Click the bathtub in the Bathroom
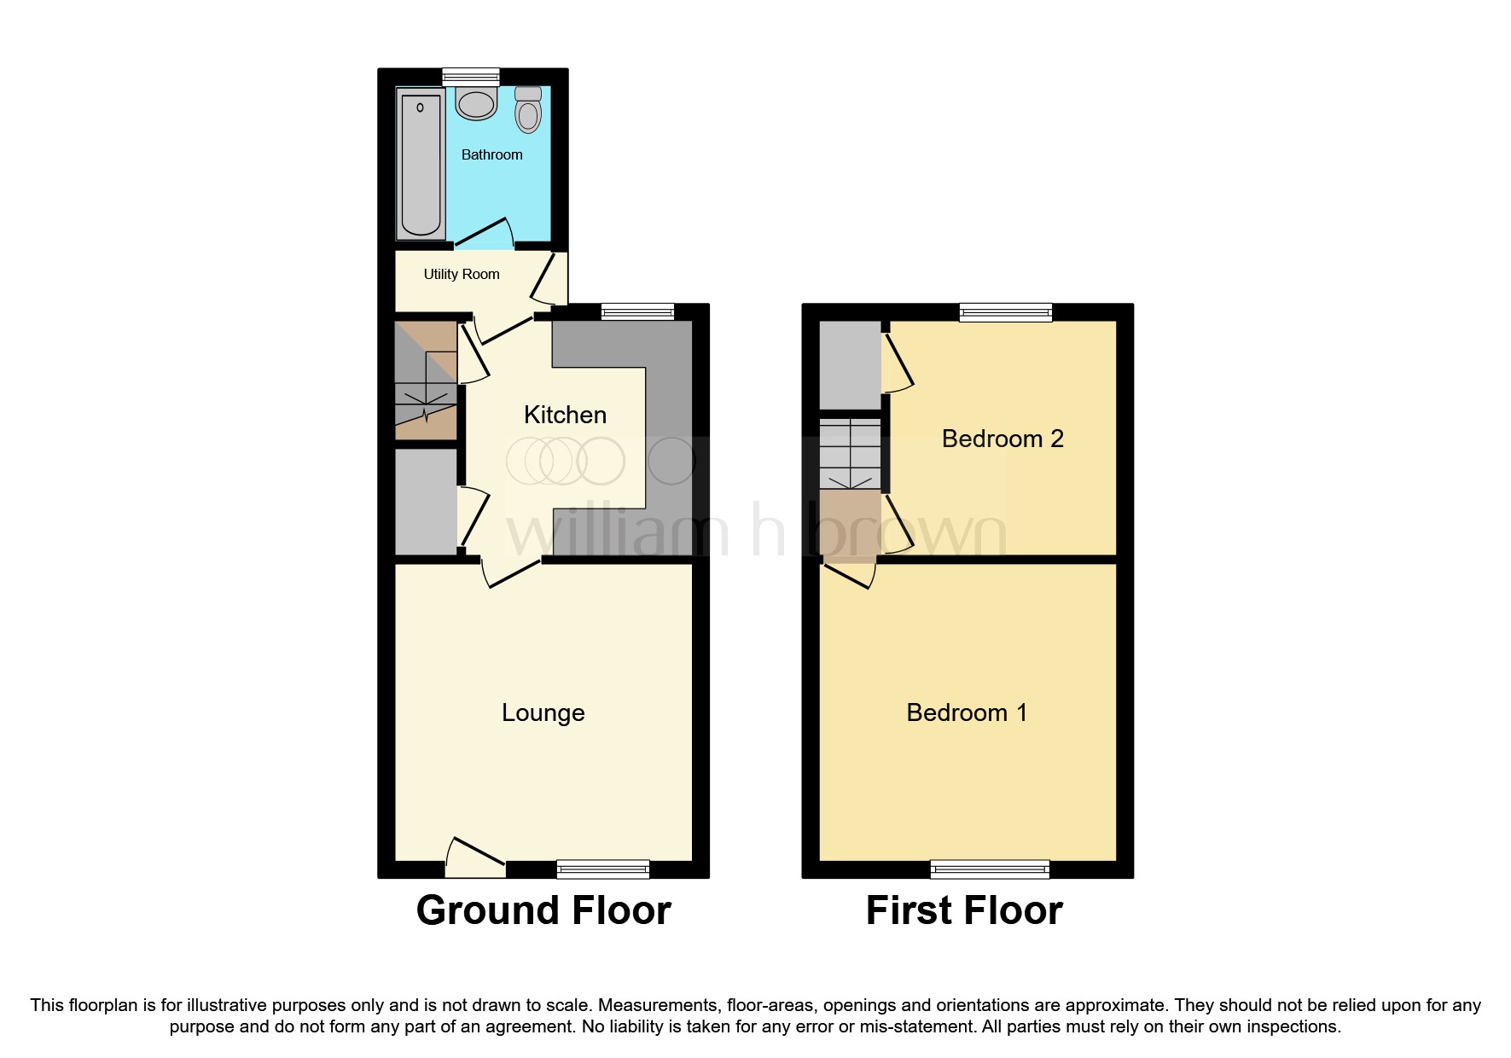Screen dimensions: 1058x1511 coord(421,164)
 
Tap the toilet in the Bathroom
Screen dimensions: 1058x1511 coord(528,110)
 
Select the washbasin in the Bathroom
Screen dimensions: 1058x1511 coord(475,103)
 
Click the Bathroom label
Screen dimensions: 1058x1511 coord(491,154)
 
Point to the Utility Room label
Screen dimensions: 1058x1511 coord(462,274)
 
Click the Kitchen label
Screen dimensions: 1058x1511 coord(565,415)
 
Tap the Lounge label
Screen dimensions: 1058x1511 coord(543,712)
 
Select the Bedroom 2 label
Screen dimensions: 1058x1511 coord(1002,439)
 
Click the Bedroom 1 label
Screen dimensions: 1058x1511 coord(967,712)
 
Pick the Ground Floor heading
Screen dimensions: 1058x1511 coord(543,910)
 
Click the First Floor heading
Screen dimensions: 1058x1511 coord(964,910)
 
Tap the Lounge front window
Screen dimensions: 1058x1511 coord(603,869)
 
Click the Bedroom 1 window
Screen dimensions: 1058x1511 coord(990,869)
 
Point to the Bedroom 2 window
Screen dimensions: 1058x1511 coord(1006,312)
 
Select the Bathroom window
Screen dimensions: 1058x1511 coord(471,77)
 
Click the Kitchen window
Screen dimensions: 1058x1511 coord(637,312)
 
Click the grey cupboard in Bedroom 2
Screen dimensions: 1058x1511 coord(850,364)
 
